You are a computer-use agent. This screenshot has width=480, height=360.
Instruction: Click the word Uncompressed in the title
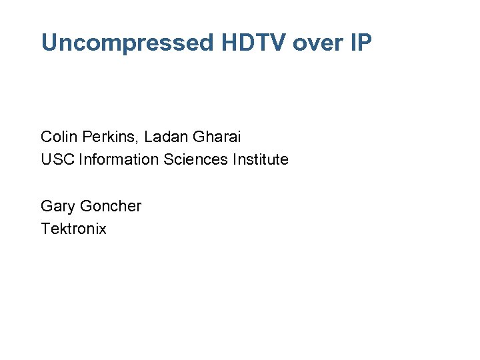click(127, 43)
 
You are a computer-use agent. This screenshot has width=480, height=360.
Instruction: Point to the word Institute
click(263, 160)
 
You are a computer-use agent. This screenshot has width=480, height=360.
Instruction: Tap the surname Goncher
click(111, 207)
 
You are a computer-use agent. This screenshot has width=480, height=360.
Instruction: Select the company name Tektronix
click(73, 229)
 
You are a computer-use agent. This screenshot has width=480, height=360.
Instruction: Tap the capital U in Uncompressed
click(48, 43)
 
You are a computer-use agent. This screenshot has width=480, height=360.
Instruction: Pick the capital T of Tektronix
click(45, 229)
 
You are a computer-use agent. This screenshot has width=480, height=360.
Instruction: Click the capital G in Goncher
click(87, 207)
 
